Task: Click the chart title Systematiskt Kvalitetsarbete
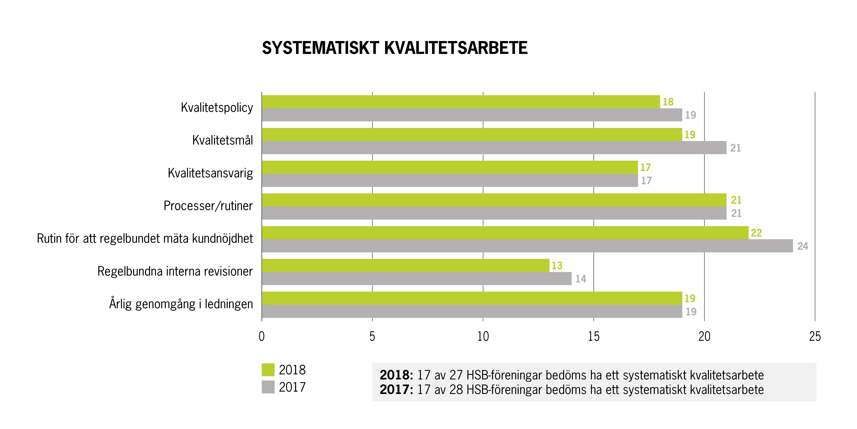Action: [394, 48]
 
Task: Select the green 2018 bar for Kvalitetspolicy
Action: [461, 102]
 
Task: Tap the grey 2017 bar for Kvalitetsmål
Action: [494, 148]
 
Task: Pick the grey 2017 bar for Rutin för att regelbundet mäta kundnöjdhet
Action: [527, 246]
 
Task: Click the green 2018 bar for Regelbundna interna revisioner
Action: [406, 265]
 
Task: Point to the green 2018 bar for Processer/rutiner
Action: [494, 200]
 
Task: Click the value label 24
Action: [802, 246]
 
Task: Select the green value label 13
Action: [557, 265]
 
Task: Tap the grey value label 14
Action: [581, 279]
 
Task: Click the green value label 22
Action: [756, 233]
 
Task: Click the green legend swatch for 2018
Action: [268, 370]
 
